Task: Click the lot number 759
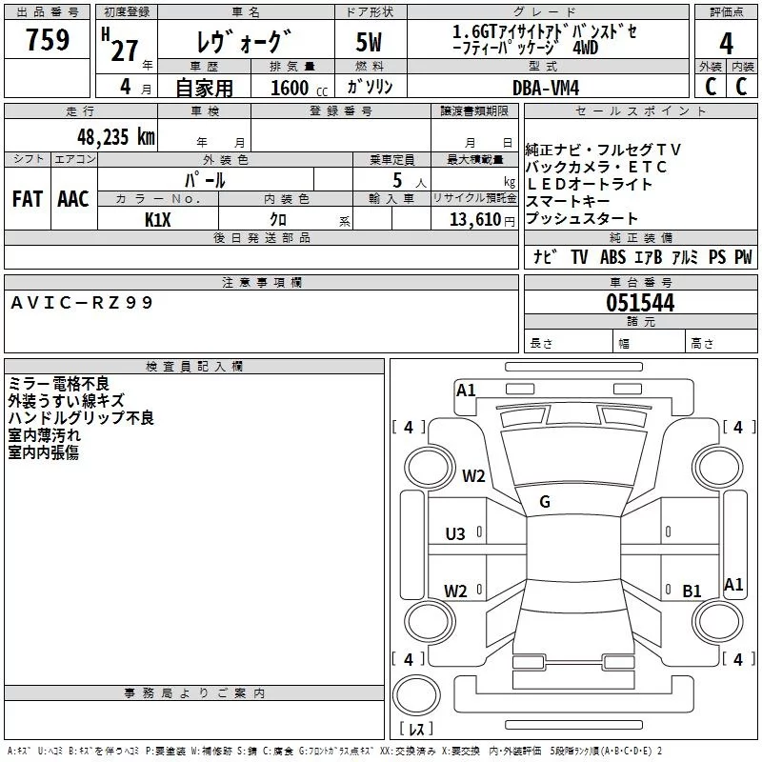pyautogui.click(x=47, y=41)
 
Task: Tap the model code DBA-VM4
pyautogui.click(x=545, y=87)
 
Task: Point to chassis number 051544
pyautogui.click(x=640, y=303)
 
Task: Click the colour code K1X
pyautogui.click(x=158, y=219)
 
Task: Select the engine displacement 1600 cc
pyautogui.click(x=291, y=87)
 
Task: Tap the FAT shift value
pyautogui.click(x=27, y=199)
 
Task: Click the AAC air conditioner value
pyautogui.click(x=72, y=199)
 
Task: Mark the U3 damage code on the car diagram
pyautogui.click(x=455, y=533)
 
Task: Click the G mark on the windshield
pyautogui.click(x=545, y=502)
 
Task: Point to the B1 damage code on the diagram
pyautogui.click(x=692, y=592)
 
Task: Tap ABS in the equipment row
pyautogui.click(x=612, y=257)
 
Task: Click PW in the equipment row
pyautogui.click(x=743, y=257)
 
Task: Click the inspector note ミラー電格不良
pyautogui.click(x=58, y=383)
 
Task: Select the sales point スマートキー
pyautogui.click(x=568, y=201)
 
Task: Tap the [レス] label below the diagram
pyautogui.click(x=416, y=730)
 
